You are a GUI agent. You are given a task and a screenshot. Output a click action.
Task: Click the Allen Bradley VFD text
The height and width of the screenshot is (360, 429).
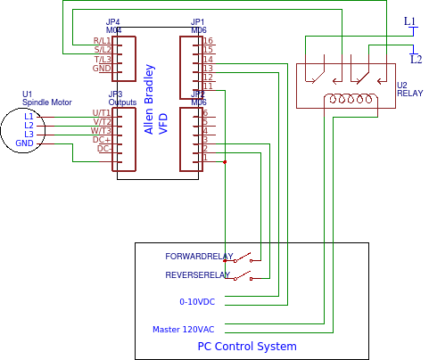[x=156, y=99]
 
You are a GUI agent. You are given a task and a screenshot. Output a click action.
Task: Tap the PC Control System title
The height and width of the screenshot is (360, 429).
[x=247, y=346]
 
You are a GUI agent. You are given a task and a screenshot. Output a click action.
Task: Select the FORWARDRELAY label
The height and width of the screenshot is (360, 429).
[x=199, y=257]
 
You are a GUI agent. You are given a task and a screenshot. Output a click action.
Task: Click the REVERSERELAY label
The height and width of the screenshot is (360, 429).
[x=198, y=275]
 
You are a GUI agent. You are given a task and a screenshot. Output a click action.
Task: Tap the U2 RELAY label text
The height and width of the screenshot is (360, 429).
[x=410, y=89]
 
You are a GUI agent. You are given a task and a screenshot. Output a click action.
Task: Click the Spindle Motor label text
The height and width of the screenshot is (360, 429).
[x=46, y=102]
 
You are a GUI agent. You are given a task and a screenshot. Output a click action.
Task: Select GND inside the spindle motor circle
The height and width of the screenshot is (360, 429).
[x=24, y=143]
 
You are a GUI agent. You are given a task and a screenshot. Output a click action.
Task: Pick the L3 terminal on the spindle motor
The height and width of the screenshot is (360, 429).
[x=29, y=135]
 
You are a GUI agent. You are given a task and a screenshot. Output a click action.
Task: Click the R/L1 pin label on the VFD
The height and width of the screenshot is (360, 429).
[x=102, y=41]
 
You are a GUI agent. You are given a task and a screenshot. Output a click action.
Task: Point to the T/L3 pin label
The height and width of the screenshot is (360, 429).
[x=102, y=60]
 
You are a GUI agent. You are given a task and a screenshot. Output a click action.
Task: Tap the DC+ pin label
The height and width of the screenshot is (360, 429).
[x=102, y=140]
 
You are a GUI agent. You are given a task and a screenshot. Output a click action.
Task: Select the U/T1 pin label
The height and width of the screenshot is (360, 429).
[x=101, y=113]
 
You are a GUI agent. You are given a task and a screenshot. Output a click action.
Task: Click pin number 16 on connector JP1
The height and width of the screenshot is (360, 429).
[x=208, y=41]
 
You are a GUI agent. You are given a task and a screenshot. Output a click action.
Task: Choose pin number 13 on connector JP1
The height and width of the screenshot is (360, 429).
[x=208, y=69]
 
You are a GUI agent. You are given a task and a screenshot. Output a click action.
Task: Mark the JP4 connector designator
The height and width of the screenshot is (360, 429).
[x=113, y=21]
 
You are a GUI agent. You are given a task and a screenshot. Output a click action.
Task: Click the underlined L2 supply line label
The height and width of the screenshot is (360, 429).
[x=416, y=59]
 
